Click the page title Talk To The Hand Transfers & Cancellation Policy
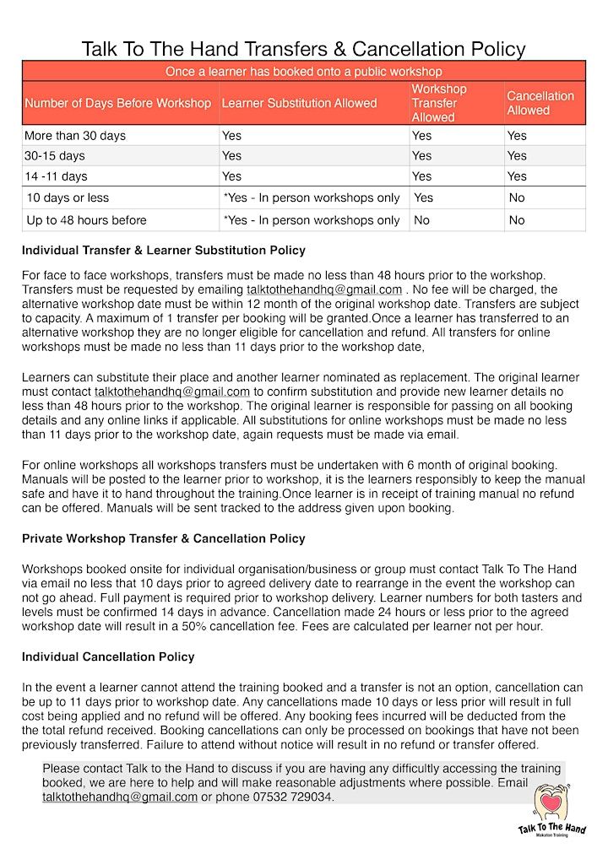pyautogui.click(x=303, y=49)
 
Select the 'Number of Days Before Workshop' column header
pyautogui.click(x=117, y=103)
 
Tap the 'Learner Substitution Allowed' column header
pyautogui.click(x=299, y=103)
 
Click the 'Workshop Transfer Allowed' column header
pyautogui.click(x=439, y=103)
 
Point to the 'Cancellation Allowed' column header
pyautogui.click(x=540, y=103)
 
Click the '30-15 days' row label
pyautogui.click(x=55, y=155)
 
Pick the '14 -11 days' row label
pyautogui.click(x=57, y=176)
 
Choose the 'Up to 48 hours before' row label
pyautogui.click(x=86, y=220)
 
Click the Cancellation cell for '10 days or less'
pyautogui.click(x=517, y=197)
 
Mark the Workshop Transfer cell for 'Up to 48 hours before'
pyautogui.click(x=421, y=220)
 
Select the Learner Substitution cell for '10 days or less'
pyautogui.click(x=311, y=197)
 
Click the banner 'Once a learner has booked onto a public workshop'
pyautogui.click(x=303, y=72)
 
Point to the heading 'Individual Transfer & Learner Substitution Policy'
pyautogui.click(x=164, y=251)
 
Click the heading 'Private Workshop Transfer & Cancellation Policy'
pyautogui.click(x=164, y=538)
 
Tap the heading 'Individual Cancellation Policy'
pyautogui.click(x=108, y=656)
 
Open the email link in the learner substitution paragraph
pyautogui.click(x=172, y=392)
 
